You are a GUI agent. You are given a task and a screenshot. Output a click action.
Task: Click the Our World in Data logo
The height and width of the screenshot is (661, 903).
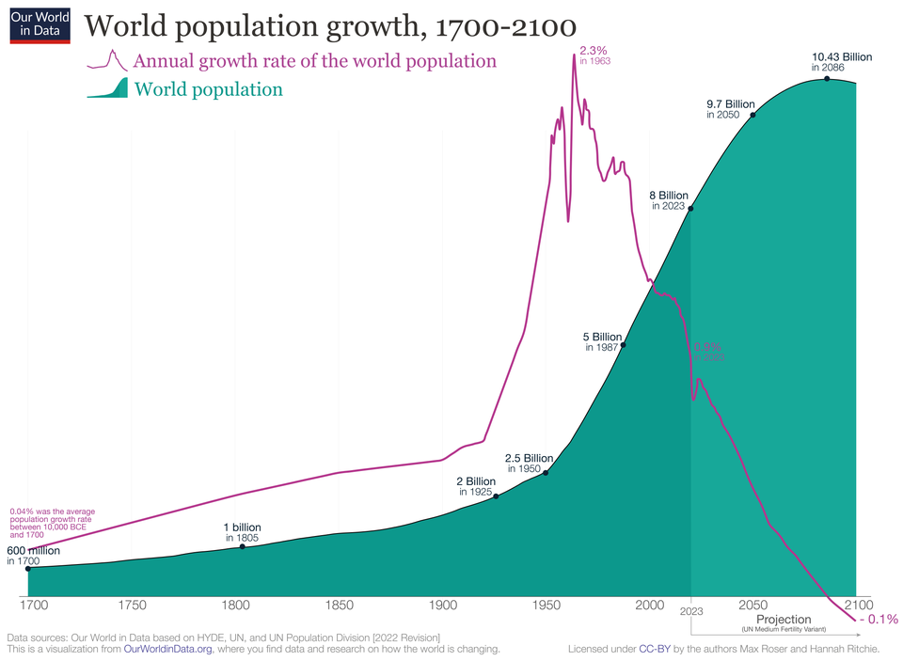tap(40, 24)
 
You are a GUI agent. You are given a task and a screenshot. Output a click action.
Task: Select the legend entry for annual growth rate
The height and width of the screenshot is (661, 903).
tap(314, 61)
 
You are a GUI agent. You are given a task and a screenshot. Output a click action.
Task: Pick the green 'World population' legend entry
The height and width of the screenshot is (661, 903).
tap(208, 90)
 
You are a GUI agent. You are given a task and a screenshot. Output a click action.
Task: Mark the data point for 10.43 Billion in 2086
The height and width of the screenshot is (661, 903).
tap(827, 78)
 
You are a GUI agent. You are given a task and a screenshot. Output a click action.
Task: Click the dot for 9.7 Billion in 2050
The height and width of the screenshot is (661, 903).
tap(752, 115)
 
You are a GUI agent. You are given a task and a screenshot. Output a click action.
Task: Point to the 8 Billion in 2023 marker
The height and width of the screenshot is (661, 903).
tap(691, 209)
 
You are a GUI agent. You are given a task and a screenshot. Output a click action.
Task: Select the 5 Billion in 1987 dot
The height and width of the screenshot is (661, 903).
tap(623, 345)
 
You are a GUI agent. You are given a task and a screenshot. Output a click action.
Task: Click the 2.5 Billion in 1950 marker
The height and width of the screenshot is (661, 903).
tap(546, 472)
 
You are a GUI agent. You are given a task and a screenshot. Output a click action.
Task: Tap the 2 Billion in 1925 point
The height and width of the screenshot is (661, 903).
tap(496, 496)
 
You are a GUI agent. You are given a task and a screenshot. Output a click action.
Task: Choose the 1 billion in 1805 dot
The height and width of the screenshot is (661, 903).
tap(243, 546)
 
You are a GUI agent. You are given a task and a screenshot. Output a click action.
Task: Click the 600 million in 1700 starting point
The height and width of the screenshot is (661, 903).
tap(28, 568)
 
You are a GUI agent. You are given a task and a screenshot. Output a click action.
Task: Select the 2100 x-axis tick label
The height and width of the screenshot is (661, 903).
tap(858, 605)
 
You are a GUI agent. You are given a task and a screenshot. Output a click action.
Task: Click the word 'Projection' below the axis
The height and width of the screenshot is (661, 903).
tap(783, 620)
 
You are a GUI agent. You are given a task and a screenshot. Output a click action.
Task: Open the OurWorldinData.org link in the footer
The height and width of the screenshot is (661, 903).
tap(167, 649)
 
